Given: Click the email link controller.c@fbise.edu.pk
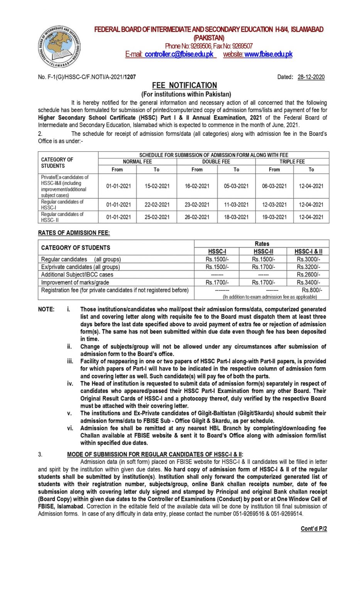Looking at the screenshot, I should click(179, 54).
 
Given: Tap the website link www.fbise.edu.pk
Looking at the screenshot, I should click(268, 54).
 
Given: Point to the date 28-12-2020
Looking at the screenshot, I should click(311, 77).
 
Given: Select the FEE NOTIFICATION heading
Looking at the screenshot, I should click(184, 85).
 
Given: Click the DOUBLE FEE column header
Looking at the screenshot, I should click(216, 161).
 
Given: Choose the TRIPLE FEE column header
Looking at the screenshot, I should click(292, 161).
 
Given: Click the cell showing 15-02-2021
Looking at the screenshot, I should click(157, 186).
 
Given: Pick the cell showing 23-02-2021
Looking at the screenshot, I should click(197, 205).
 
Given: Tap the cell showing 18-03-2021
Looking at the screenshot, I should click(236, 217).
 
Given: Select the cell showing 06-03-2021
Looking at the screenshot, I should click(274, 186).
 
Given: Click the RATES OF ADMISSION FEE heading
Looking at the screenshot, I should click(74, 233).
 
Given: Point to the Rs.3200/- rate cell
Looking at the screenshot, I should click(308, 267).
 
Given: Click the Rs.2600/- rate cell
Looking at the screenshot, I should click(308, 274).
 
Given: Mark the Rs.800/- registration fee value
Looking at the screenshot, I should click(312, 290).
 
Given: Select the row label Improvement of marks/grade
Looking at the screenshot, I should click(75, 282).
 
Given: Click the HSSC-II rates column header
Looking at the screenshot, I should click(263, 251).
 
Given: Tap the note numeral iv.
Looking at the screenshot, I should click(70, 383).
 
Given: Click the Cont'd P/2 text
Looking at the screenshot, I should click(314, 529).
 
